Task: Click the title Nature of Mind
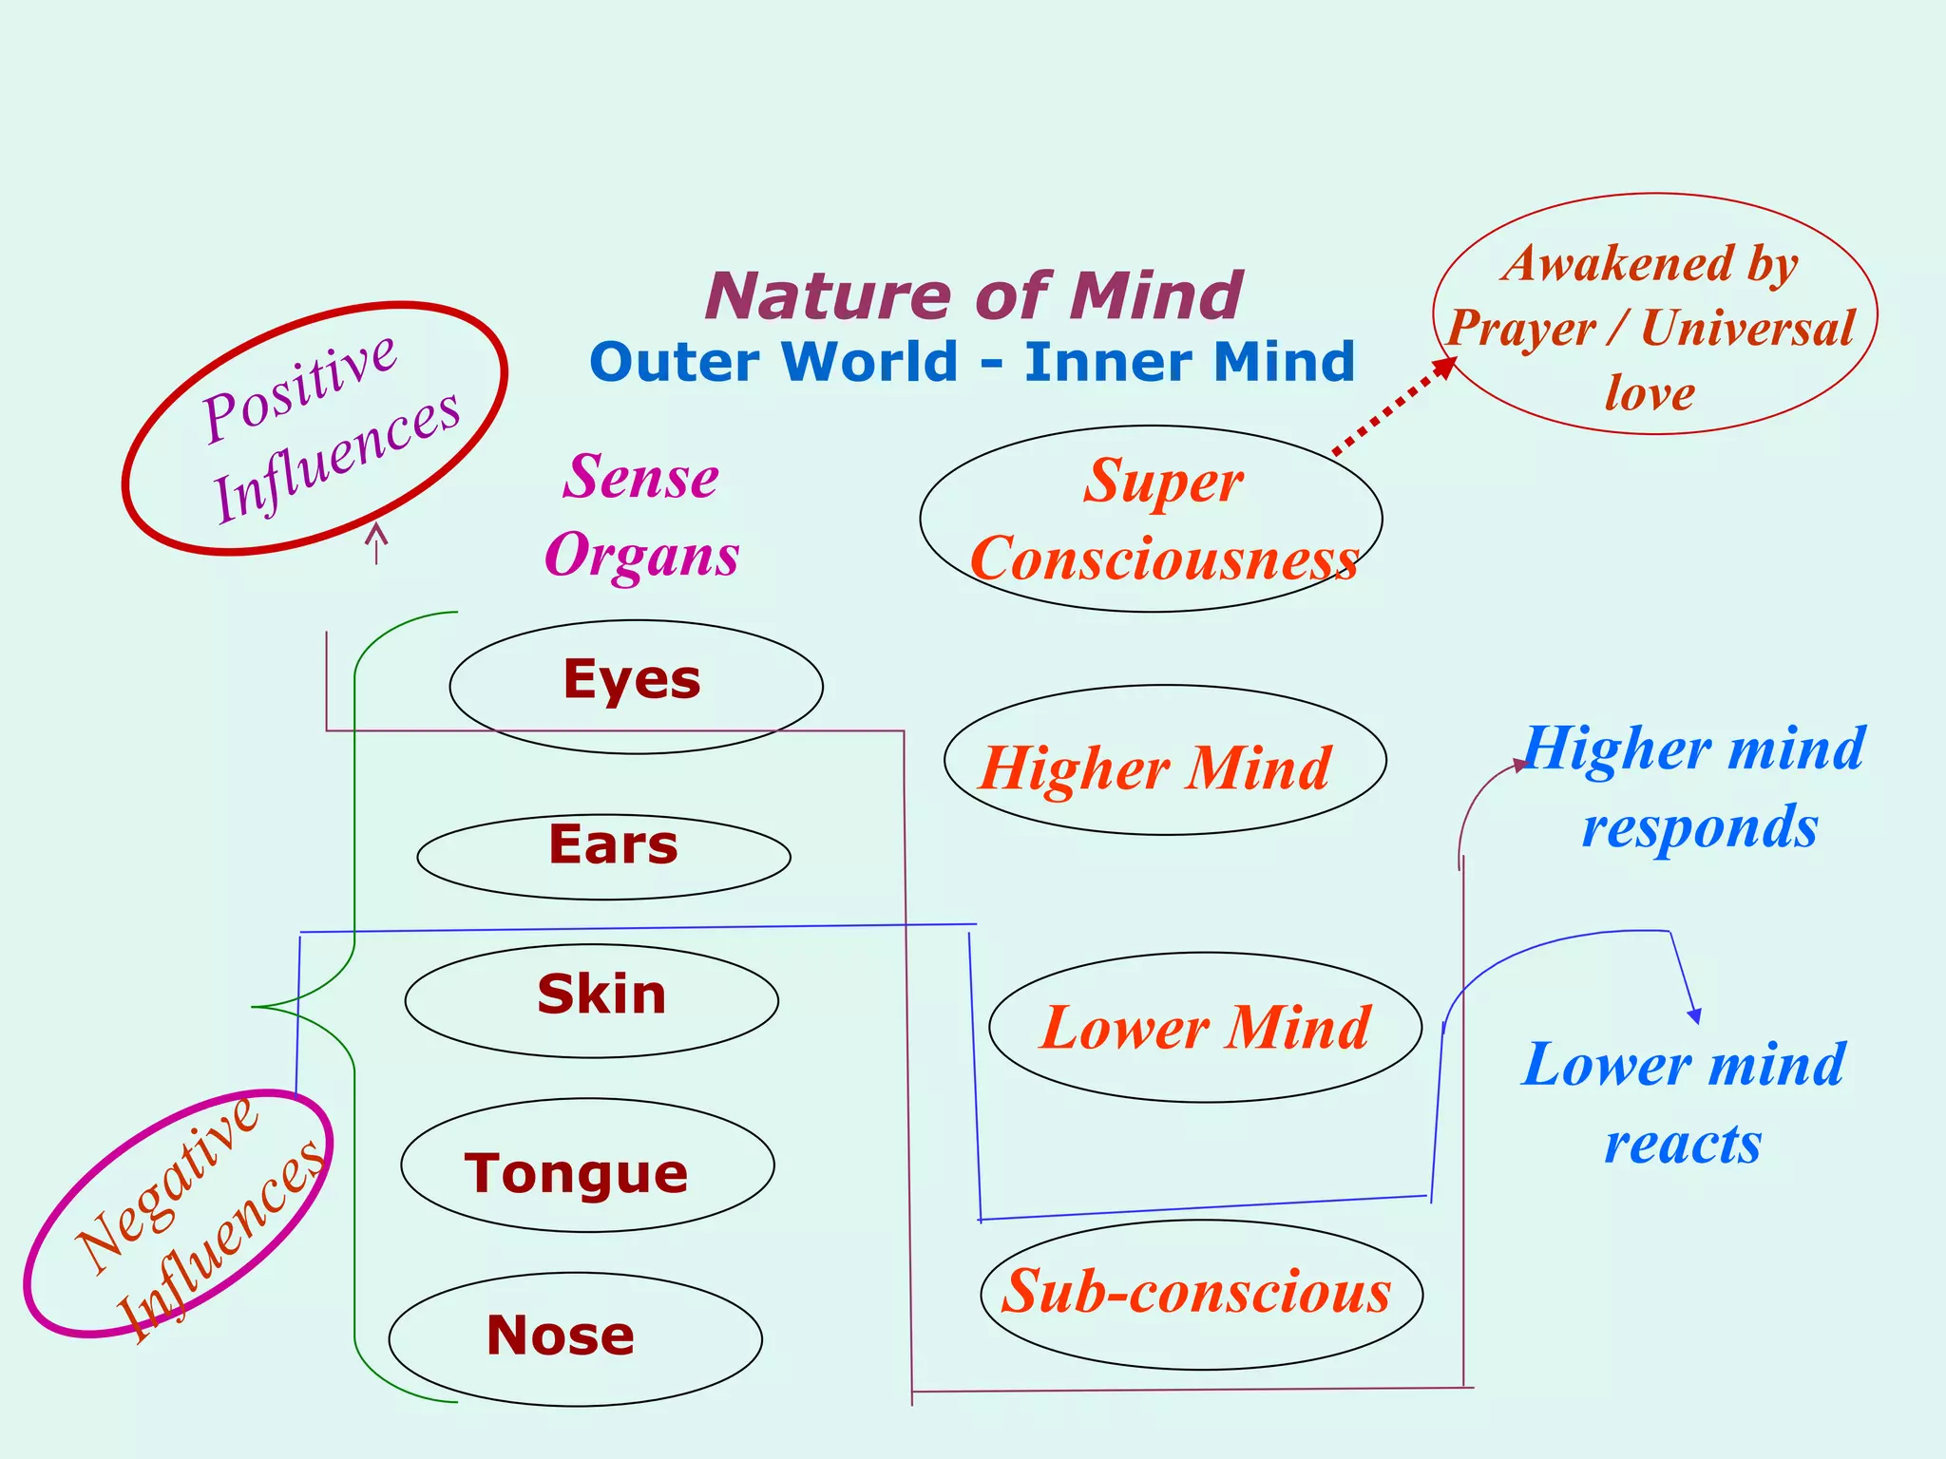973,295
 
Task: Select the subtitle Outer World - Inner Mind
972,362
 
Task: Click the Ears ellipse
604,855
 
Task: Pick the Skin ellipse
591,999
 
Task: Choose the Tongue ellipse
587,1165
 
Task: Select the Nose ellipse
576,1337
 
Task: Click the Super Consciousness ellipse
1151,519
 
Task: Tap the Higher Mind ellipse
1165,760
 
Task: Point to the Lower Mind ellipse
1205,1027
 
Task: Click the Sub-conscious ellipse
1201,1294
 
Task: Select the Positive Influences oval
315,427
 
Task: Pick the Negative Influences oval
179,1213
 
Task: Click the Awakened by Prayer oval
1654,314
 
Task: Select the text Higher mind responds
1693,786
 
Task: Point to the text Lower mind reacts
1683,1102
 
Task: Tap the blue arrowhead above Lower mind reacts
1694,1014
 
